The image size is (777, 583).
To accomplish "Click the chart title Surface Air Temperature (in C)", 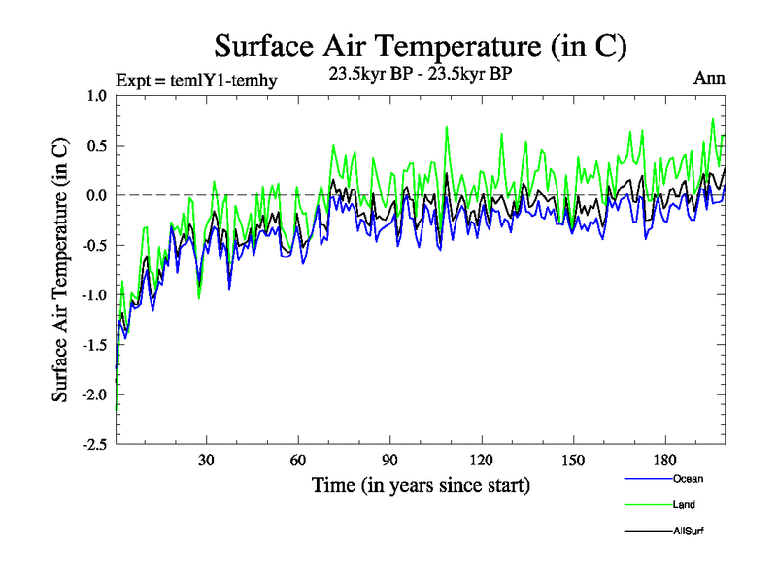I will [421, 46].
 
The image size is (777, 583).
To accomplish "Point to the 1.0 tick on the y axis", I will [97, 95].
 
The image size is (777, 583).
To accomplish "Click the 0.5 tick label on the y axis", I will [97, 146].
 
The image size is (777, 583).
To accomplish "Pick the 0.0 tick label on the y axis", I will [97, 195].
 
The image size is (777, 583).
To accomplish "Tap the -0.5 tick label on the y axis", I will [94, 245].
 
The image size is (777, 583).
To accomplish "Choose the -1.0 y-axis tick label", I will [94, 295].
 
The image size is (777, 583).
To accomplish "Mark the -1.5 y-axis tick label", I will [94, 345].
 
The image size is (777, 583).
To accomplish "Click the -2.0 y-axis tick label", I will [94, 394].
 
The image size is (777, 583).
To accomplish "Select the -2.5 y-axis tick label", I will [94, 445].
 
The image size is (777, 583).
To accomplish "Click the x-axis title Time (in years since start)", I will [421, 484].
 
